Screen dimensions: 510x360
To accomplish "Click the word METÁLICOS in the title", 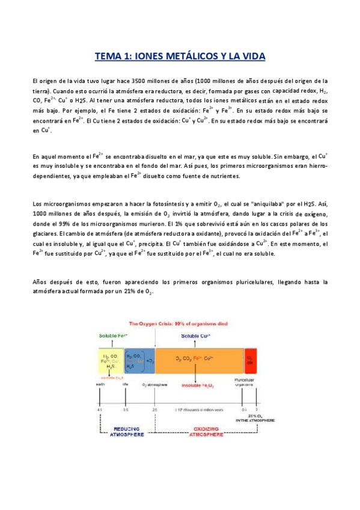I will click(x=188, y=56).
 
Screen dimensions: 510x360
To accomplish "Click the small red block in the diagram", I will click(x=250, y=359).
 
